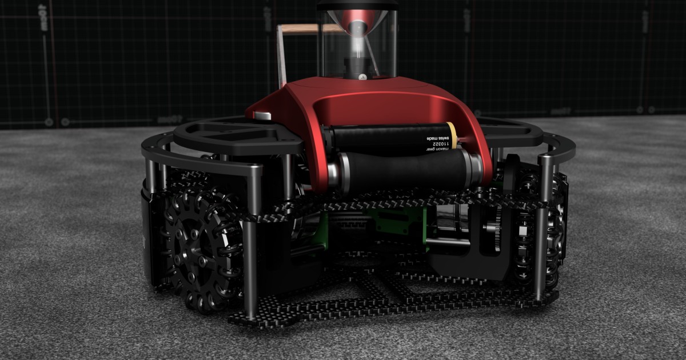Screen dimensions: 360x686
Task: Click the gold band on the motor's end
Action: point(452,137)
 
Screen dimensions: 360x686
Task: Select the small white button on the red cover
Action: point(262,117)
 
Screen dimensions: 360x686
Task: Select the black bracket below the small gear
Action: point(486,257)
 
